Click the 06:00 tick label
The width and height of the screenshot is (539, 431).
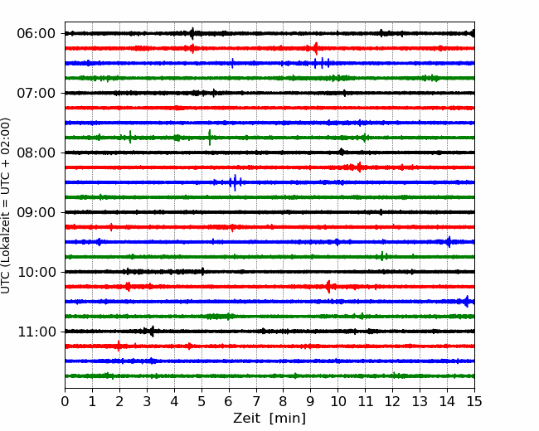coord(36,34)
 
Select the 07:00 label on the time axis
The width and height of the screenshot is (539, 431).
coord(36,93)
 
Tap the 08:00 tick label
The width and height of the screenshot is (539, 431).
coord(36,153)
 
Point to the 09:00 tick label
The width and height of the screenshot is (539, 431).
coord(36,212)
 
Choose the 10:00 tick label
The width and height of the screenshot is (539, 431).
coord(36,272)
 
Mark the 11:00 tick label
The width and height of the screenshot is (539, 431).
coord(36,332)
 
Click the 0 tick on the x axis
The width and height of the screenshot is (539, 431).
coord(65,401)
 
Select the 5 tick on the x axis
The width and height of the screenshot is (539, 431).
coord(202,401)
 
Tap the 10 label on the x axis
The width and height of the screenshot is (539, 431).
coord(337,401)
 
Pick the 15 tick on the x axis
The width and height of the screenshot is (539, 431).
coord(474,401)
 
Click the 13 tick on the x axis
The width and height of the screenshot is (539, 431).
coord(420,401)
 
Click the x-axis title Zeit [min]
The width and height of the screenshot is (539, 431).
coord(269,419)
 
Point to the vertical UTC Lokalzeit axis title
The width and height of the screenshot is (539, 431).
coord(6,206)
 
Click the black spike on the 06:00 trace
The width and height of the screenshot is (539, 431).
coord(192,33)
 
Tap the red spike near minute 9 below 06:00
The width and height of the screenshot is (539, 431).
coord(316,48)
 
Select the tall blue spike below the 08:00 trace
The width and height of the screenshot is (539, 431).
coord(235,182)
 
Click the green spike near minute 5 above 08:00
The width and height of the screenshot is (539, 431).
coord(210,138)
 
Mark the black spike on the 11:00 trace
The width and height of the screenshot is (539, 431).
coord(153,331)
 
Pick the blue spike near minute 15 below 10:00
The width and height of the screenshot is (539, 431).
coord(467,302)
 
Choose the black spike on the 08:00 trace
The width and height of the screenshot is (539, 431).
coord(342,152)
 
